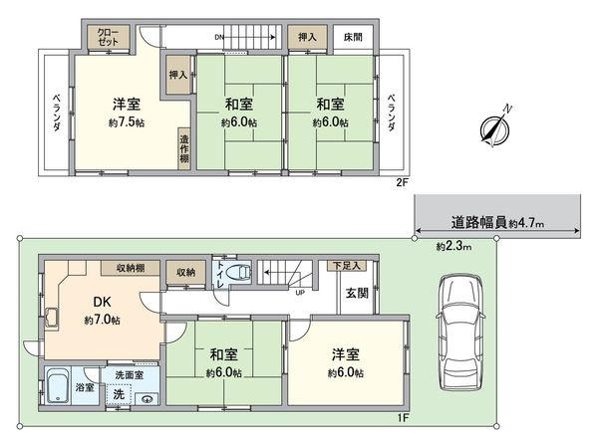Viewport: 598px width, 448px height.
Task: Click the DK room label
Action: point(102,302)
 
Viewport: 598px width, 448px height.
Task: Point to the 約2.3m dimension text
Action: point(455,246)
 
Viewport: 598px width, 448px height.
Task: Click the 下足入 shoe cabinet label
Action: point(346,266)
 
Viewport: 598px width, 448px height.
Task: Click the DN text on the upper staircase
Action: point(219,37)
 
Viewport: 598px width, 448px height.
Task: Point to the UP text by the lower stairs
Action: point(298,293)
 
